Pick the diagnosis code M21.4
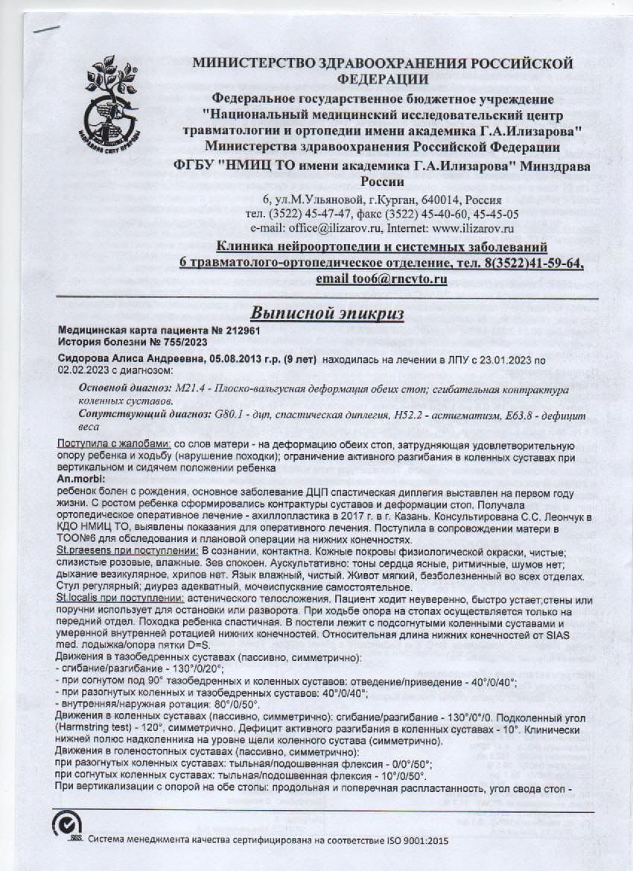(194, 389)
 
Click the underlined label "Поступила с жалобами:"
(115, 444)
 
